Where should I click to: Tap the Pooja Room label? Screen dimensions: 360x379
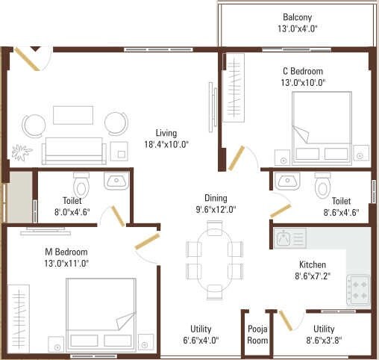257,335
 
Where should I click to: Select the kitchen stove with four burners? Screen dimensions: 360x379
357,290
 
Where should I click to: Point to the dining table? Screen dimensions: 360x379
214,259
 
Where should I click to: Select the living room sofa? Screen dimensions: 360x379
73,149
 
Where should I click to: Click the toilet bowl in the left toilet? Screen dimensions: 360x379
81,184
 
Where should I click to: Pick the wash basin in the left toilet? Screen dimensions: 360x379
116,181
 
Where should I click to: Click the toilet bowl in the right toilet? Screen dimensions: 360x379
322,183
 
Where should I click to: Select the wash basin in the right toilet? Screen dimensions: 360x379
286,181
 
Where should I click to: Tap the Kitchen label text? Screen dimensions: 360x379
313,264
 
